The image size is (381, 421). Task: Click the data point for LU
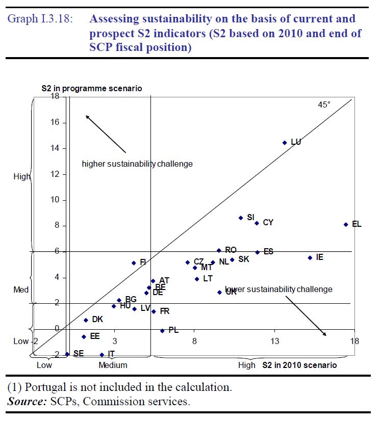coord(285,143)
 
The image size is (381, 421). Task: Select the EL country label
coord(357,224)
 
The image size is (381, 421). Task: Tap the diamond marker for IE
coord(310,258)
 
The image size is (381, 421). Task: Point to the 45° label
coord(324,105)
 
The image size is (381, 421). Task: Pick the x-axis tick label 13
coord(274,340)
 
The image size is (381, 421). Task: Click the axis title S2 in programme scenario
coord(92,89)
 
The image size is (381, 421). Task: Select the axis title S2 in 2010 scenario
coord(299,365)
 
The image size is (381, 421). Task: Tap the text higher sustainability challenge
coord(137,164)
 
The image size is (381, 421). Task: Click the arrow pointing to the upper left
coord(105,134)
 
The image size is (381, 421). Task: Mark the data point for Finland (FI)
coord(134,263)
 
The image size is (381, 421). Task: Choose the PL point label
coord(173,330)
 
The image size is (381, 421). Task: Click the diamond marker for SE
coord(67,354)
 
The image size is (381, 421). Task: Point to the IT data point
coord(102,354)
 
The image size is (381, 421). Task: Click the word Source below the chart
coord(26,401)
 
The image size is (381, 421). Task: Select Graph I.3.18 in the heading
coord(39,20)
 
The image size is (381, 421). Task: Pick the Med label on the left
coord(21,290)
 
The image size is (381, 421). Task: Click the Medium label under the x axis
coord(113,365)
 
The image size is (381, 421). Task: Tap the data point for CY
coord(257,223)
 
